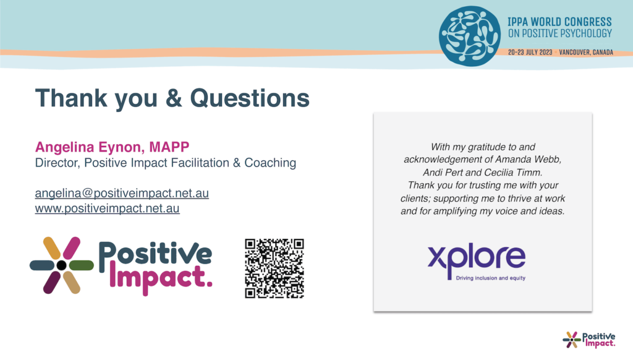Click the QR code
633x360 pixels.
pyautogui.click(x=274, y=268)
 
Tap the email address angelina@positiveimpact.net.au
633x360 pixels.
pyautogui.click(x=122, y=193)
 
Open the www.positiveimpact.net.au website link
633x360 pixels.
pyautogui.click(x=108, y=208)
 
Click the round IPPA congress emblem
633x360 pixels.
pyautogui.click(x=470, y=36)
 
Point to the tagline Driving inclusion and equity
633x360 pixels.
pyautogui.click(x=490, y=278)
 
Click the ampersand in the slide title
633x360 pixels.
pyautogui.click(x=174, y=98)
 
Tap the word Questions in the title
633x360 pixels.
pyautogui.click(x=250, y=98)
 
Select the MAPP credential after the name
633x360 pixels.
pyautogui.click(x=169, y=147)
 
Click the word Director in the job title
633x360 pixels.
pyautogui.click(x=57, y=163)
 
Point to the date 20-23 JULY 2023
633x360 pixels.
pyautogui.click(x=530, y=53)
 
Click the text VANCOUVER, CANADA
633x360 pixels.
pyautogui.click(x=586, y=53)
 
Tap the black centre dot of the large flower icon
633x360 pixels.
pyautogui.click(x=61, y=265)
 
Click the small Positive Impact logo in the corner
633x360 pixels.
pyautogui.click(x=589, y=340)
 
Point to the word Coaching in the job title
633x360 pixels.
pyautogui.click(x=270, y=163)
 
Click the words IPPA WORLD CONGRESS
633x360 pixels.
pyautogui.click(x=559, y=22)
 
